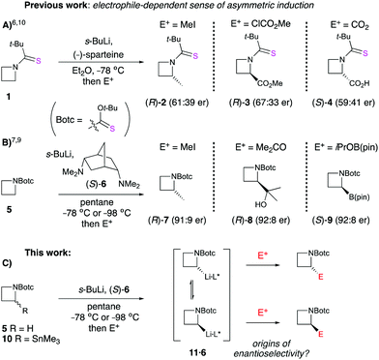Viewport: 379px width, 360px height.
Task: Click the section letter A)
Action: click(8, 20)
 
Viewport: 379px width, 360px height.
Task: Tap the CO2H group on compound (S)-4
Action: click(349, 77)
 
